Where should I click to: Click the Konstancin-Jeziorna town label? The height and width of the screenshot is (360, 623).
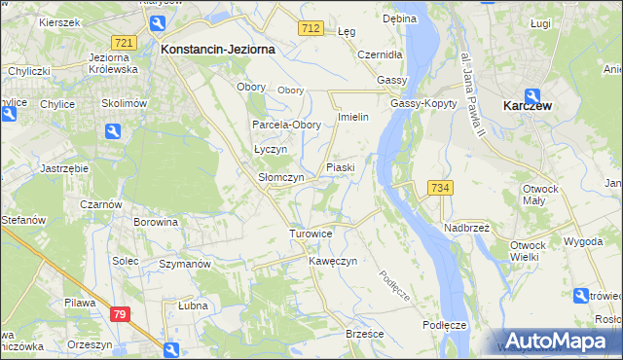(218, 48)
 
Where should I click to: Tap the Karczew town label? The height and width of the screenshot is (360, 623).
(529, 105)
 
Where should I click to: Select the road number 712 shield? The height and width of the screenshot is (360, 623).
(311, 29)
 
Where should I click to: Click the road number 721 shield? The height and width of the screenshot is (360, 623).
(124, 44)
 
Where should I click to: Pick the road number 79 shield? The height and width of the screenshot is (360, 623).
(120, 313)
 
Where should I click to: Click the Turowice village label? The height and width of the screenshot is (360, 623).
(311, 234)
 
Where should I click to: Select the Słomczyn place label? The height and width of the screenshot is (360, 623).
(280, 178)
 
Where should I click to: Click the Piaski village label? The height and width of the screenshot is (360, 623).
(340, 167)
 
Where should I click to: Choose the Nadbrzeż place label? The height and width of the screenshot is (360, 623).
(466, 227)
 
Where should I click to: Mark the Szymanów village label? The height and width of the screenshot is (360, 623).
(185, 264)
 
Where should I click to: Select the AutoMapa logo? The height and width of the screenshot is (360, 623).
(555, 341)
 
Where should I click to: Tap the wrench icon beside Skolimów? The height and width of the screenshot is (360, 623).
(114, 130)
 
